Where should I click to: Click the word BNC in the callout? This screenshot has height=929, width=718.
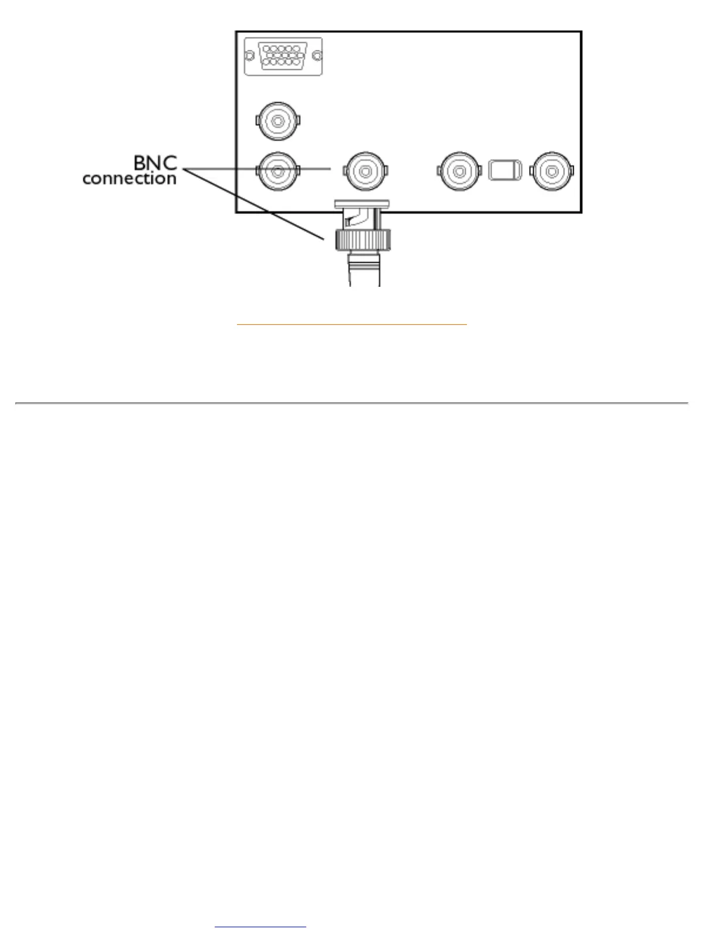coord(155,162)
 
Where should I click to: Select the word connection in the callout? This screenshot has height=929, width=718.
coord(129,178)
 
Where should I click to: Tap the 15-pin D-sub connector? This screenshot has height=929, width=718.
coord(283,56)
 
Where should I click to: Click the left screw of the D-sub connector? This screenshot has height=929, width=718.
coord(249,56)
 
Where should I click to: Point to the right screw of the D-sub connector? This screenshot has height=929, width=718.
coord(317,56)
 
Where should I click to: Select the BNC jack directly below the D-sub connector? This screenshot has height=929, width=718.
coord(278,121)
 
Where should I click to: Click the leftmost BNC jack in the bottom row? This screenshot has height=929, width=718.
coord(278,171)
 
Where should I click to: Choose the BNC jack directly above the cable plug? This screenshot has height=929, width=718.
coord(365,171)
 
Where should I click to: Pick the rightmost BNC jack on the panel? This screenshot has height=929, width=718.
coord(552,171)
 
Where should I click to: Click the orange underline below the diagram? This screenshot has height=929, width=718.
coord(351,324)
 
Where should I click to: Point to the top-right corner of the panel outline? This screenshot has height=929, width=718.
coord(581,32)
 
